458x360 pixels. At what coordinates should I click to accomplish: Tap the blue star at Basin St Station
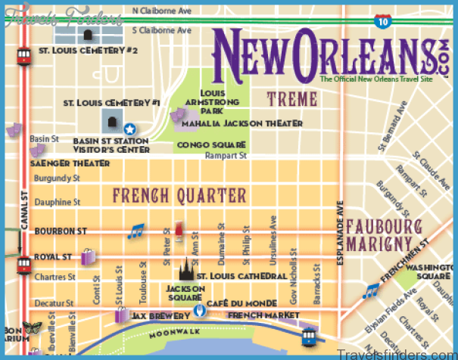tap(130, 129)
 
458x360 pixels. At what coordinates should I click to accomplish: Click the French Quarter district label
tap(180, 196)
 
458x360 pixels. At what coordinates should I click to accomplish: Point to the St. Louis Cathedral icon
tap(186, 271)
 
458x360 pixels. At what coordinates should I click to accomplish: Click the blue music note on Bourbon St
tap(136, 231)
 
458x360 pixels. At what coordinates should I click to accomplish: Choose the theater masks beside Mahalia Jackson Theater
tap(179, 116)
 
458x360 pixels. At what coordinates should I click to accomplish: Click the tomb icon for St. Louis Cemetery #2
tap(89, 35)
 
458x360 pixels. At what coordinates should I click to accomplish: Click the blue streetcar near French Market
tap(310, 334)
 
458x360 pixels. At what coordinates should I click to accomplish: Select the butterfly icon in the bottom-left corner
tap(33, 327)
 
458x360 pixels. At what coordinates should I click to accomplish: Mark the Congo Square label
tap(211, 144)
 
